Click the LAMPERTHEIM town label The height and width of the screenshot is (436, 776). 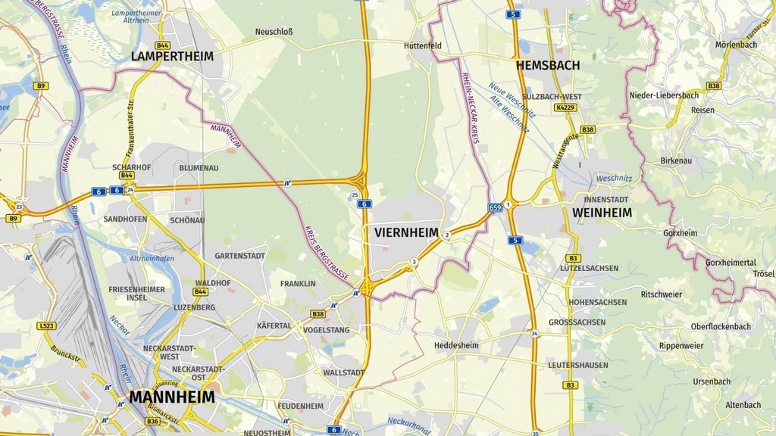(x=172, y=56)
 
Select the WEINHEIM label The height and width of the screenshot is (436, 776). (x=602, y=213)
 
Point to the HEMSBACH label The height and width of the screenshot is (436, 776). (x=548, y=65)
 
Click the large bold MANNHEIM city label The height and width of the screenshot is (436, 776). (x=171, y=397)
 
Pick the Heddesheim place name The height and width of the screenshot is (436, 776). (x=457, y=345)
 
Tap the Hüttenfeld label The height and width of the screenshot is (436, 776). (x=423, y=45)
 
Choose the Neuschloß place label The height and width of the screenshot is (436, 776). (x=274, y=32)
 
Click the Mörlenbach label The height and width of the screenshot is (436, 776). (x=736, y=45)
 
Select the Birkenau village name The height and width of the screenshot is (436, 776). (x=677, y=161)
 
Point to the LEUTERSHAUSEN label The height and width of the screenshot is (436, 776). (x=577, y=365)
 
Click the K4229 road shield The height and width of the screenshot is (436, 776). (x=565, y=107)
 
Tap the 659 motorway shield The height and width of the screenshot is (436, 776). (x=495, y=207)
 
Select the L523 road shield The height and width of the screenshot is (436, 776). (x=46, y=325)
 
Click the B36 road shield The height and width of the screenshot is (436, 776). (x=152, y=421)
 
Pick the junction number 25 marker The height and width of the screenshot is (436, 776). (x=355, y=195)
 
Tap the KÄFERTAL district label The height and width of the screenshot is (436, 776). (x=274, y=325)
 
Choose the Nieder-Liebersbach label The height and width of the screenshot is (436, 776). (x=664, y=95)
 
